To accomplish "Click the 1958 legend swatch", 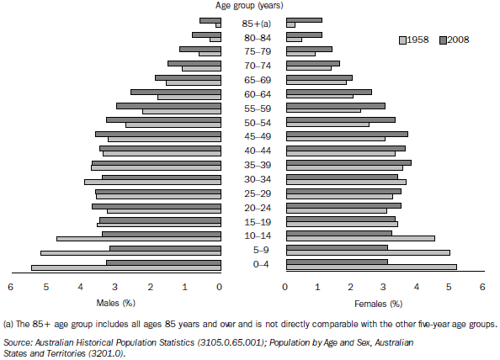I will click(x=403, y=40).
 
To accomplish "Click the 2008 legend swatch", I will click(x=444, y=40).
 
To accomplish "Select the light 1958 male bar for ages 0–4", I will click(x=126, y=267).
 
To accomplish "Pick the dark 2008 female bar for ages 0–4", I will click(x=337, y=262).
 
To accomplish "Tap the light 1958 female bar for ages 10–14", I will click(x=360, y=238).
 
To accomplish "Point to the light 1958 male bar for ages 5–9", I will click(x=130, y=252).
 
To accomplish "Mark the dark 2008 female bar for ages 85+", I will click(x=304, y=19).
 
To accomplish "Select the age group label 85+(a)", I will click(x=253, y=22).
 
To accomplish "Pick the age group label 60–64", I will click(x=253, y=93).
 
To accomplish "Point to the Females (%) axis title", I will click(x=383, y=302).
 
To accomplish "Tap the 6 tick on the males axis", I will click(x=11, y=288).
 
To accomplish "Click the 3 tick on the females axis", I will click(x=384, y=288).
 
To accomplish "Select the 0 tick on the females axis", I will click(x=285, y=288).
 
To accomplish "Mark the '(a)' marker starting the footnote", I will click(x=10, y=324).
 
